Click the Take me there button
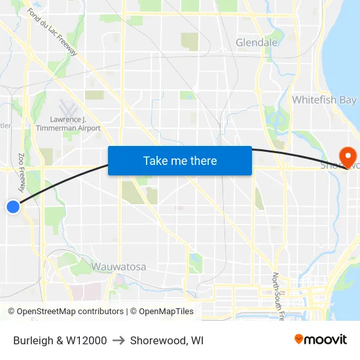pyautogui.click(x=179, y=160)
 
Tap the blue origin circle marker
pyautogui.click(x=13, y=207)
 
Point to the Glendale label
pyautogui.click(x=257, y=43)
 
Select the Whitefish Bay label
pyautogui.click(x=324, y=100)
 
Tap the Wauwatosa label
pyautogui.click(x=118, y=266)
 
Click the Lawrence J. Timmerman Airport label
pyautogui.click(x=75, y=124)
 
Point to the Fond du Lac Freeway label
pyautogui.click(x=52, y=31)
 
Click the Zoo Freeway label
pyautogui.click(x=22, y=172)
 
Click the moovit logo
pyautogui.click(x=321, y=340)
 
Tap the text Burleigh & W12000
pyautogui.click(x=60, y=340)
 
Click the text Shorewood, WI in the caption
pyautogui.click(x=167, y=340)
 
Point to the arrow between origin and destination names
pyautogui.click(x=118, y=340)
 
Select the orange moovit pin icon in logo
pyautogui.click(x=299, y=340)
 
